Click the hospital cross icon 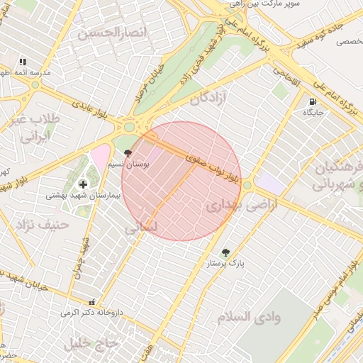point(83,184)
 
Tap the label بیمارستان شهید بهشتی point(83,194)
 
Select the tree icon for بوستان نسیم point(128,153)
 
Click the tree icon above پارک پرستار point(225,252)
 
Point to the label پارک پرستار point(225,263)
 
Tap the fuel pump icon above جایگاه point(313,102)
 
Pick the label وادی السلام point(249,316)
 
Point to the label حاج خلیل point(90,345)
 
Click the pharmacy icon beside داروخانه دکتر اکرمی point(91,301)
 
